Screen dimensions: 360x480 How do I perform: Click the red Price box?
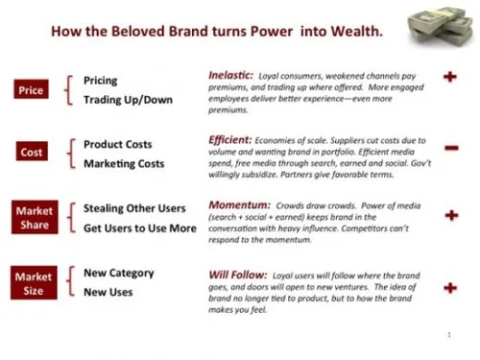pyautogui.click(x=31, y=89)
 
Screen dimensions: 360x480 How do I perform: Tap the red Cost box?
pyautogui.click(x=31, y=152)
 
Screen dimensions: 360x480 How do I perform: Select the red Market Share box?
pyautogui.click(x=33, y=217)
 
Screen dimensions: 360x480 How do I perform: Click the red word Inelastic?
pyautogui.click(x=231, y=74)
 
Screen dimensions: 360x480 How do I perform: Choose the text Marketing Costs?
pyautogui.click(x=124, y=163)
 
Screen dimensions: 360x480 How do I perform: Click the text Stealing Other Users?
pyautogui.click(x=135, y=207)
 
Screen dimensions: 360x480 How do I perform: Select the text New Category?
pyautogui.click(x=120, y=272)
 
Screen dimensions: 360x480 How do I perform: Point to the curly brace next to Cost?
pyautogui.click(x=69, y=154)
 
